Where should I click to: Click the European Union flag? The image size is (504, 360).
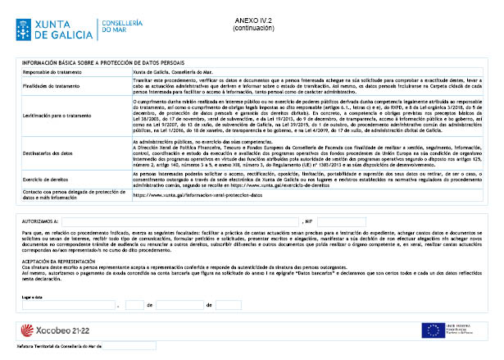[432, 330]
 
